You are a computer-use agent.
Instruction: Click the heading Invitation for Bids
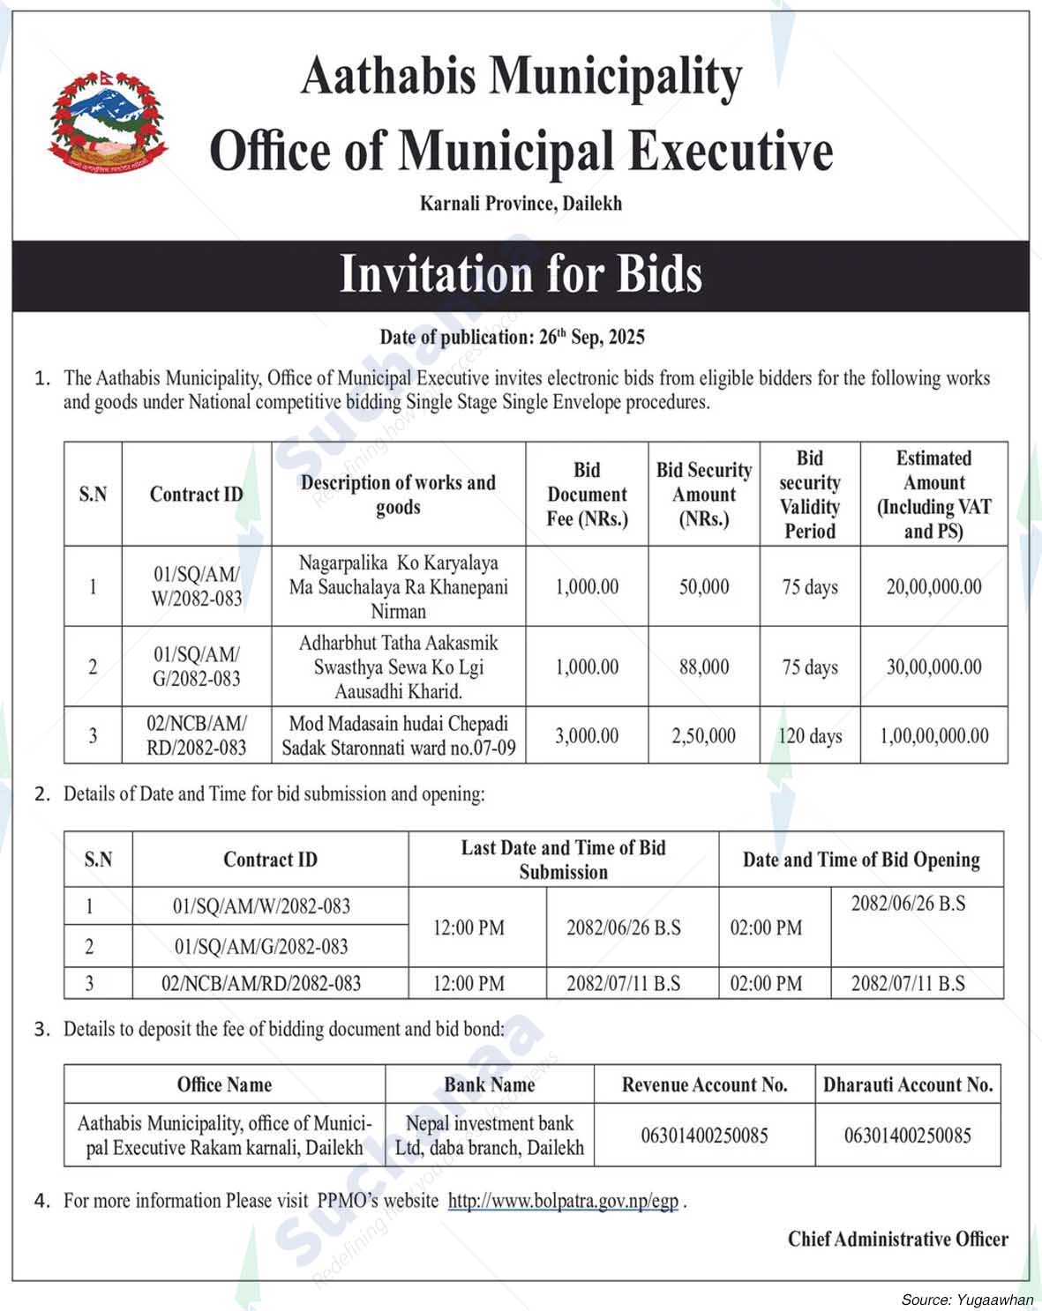pyautogui.click(x=521, y=274)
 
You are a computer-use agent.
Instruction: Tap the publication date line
pyautogui.click(x=512, y=337)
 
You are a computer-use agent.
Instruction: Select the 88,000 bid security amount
pyautogui.click(x=704, y=667)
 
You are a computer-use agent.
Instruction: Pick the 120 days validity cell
pyautogui.click(x=809, y=736)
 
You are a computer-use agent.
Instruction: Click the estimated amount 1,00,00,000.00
pyautogui.click(x=933, y=736)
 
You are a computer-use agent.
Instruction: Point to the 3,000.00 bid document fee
pyautogui.click(x=587, y=736)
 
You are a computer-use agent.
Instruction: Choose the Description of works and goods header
pyautogui.click(x=398, y=495)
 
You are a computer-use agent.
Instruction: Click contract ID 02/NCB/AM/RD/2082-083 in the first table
pyautogui.click(x=196, y=736)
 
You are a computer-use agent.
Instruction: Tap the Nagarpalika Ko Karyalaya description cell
pyautogui.click(x=398, y=586)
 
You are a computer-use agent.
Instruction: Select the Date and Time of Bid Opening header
pyautogui.click(x=860, y=860)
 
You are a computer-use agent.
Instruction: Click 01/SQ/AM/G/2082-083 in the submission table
pyautogui.click(x=261, y=947)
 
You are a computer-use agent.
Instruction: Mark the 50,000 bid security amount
pyautogui.click(x=704, y=586)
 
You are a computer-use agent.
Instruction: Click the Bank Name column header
pyautogui.click(x=489, y=1084)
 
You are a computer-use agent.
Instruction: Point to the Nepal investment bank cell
pyautogui.click(x=489, y=1136)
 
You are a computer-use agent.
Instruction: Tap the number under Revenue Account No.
pyautogui.click(x=704, y=1136)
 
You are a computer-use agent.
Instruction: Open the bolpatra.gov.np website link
pyautogui.click(x=563, y=1201)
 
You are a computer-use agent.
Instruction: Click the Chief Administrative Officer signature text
pyautogui.click(x=897, y=1240)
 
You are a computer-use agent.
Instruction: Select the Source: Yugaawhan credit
pyautogui.click(x=967, y=1300)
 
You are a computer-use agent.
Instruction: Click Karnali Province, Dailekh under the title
pyautogui.click(x=521, y=204)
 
